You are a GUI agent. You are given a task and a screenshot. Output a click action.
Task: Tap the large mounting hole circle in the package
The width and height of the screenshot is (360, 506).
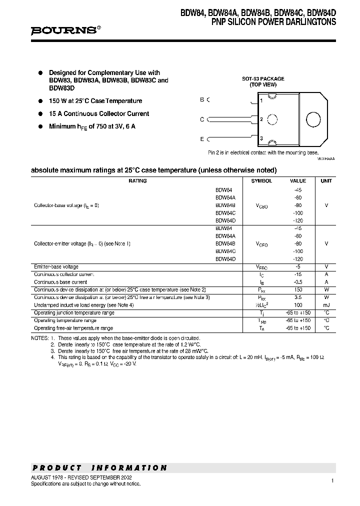point(313,119)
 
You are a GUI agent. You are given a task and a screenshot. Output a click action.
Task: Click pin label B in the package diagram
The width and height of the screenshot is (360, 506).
point(202,99)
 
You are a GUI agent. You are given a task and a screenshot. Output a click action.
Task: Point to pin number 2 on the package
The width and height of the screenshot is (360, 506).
point(261,119)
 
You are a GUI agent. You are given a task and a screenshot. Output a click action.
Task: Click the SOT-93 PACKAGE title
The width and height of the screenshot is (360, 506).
point(263,79)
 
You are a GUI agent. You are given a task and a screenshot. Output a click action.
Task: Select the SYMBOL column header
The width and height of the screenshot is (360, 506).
point(261,181)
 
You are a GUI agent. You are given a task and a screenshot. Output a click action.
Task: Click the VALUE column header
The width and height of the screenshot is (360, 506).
point(298,181)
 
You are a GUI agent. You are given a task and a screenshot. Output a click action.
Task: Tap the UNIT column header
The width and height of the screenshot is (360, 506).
point(326,181)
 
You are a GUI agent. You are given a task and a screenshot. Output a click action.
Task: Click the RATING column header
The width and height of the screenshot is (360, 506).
point(137,181)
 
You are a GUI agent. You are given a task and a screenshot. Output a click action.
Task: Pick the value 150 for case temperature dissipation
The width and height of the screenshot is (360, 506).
point(298,289)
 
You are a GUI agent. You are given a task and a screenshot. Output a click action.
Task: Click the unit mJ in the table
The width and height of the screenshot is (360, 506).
point(326,304)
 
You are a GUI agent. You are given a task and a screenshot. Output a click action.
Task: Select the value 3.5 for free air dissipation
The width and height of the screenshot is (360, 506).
point(298,297)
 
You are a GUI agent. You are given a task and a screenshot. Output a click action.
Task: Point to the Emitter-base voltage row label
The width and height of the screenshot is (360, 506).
point(56,267)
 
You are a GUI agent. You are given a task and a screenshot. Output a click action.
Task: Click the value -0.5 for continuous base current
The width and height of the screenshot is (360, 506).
point(298,282)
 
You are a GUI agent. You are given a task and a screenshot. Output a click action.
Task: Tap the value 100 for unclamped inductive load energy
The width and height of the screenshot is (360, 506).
point(298,304)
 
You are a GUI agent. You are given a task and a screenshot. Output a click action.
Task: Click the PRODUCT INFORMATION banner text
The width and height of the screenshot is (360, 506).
point(99,468)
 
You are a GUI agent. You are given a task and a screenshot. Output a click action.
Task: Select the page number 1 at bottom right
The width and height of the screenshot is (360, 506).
point(331,480)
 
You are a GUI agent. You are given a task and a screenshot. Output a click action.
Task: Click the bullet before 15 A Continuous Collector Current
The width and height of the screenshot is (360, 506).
point(40,114)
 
